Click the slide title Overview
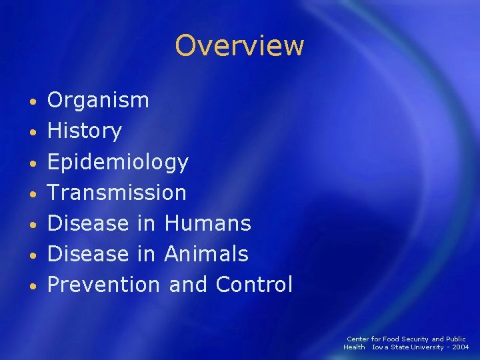click(x=239, y=46)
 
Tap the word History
click(x=85, y=131)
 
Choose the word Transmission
click(x=117, y=193)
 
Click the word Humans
click(x=207, y=223)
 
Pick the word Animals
click(x=206, y=254)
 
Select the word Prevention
click(x=103, y=285)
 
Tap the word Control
click(x=254, y=285)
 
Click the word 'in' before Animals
click(x=146, y=254)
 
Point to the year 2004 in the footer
click(x=460, y=347)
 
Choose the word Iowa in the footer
click(x=381, y=347)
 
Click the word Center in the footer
click(x=357, y=339)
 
